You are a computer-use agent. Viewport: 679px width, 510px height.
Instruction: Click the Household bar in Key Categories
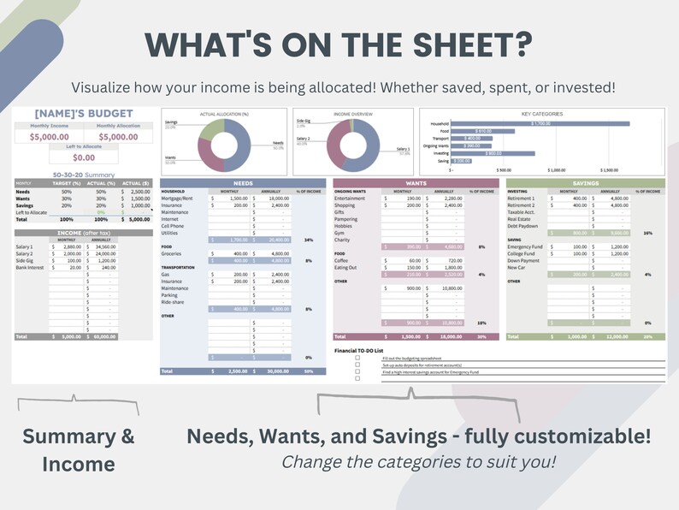point(540,123)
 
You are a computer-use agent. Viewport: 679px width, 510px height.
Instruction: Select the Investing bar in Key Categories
point(493,153)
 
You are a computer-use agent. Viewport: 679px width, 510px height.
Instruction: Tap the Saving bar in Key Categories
point(461,161)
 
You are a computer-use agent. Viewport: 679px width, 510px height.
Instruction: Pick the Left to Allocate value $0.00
point(84,157)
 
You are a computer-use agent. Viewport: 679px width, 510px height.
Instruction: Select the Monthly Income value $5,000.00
point(50,136)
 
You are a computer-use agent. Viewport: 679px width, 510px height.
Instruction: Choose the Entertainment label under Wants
point(351,198)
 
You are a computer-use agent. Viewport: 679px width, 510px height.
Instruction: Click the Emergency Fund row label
point(524,246)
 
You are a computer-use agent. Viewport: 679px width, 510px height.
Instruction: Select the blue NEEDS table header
point(244,183)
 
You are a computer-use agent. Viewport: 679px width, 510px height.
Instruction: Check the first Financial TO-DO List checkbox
point(358,358)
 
